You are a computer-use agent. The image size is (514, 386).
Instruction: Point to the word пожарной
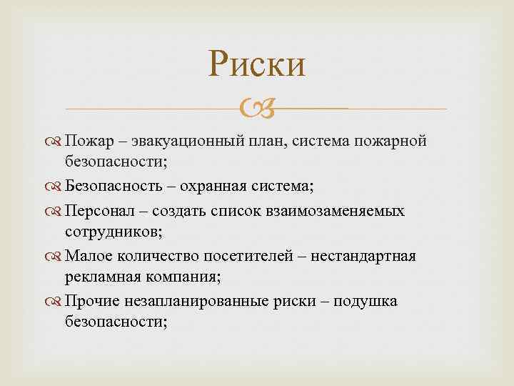pos(395,142)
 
